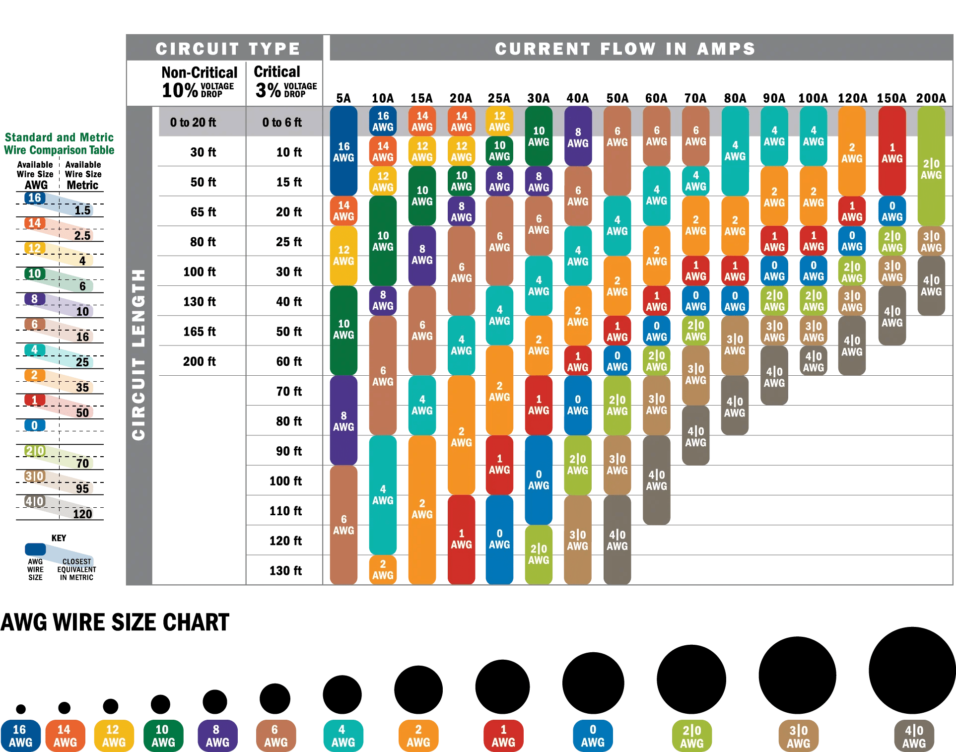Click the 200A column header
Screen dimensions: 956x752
[931, 98]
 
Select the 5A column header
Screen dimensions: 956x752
[343, 98]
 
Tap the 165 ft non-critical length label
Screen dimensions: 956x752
[200, 332]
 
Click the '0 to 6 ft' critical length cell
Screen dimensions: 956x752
[282, 122]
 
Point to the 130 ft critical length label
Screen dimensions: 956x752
[285, 571]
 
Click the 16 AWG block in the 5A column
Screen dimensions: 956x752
[343, 151]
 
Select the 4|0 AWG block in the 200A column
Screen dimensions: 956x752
[931, 285]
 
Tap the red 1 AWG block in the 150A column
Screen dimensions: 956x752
[892, 151]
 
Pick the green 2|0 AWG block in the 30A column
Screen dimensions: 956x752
[539, 554]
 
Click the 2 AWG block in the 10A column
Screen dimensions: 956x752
[383, 570]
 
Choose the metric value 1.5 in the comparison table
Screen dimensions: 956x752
[82, 210]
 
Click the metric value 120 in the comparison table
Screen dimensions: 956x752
[82, 514]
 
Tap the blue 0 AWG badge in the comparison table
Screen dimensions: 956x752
[35, 425]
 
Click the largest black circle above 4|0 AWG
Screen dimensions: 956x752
[912, 670]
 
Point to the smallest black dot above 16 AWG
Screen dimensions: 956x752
[21, 709]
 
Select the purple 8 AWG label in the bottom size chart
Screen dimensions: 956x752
[217, 736]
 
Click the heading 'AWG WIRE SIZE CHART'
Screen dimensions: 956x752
[115, 622]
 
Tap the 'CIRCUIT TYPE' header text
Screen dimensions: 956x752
[228, 49]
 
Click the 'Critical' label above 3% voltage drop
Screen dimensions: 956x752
[277, 72]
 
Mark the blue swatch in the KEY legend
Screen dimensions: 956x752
[35, 549]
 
